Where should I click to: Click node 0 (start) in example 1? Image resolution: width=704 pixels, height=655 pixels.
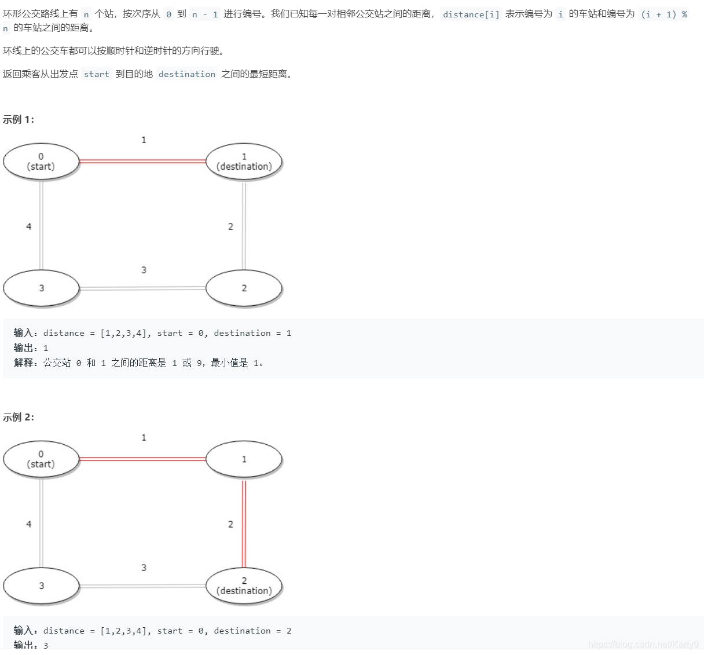pos(41,162)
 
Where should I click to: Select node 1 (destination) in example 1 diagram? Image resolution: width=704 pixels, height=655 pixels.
pos(244,162)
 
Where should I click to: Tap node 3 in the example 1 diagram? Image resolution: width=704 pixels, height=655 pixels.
pos(41,288)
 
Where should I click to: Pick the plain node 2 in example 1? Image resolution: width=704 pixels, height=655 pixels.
pos(244,288)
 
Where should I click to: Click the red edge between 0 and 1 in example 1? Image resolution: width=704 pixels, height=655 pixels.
pos(142,162)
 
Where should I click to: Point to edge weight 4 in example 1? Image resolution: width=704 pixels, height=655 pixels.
pos(28,226)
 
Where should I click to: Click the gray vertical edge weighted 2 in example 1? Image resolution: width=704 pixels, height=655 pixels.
pos(244,226)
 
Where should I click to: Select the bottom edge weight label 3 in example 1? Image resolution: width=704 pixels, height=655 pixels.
pos(144,270)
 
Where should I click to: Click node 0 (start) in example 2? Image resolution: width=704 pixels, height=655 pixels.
pos(41,459)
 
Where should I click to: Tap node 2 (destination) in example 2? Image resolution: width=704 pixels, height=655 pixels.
pos(244,586)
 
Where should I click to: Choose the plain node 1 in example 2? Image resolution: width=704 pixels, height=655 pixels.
pos(244,459)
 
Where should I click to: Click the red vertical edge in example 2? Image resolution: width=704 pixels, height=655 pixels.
pos(244,524)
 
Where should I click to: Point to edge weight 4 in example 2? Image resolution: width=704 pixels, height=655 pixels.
pos(28,524)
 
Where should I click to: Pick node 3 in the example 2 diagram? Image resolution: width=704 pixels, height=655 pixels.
pos(41,586)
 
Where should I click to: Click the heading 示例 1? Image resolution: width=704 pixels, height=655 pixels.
pos(19,120)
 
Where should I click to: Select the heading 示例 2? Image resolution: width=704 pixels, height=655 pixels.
pos(19,418)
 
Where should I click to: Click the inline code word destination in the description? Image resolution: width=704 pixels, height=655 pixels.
pos(186,74)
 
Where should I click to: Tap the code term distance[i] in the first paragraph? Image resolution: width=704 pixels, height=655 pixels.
pos(471,14)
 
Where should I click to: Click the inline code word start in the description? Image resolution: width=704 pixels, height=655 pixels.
pos(96,74)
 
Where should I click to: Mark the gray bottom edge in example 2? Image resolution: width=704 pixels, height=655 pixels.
pos(142,586)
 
